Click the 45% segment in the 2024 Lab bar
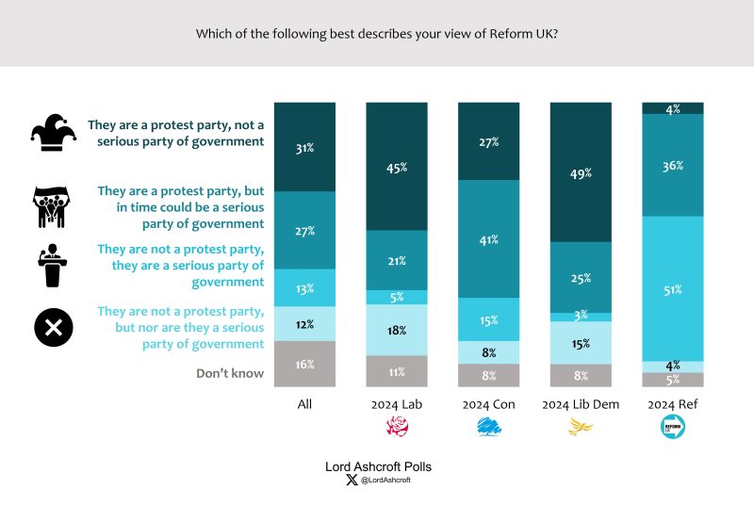[x=397, y=168]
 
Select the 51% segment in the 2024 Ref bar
[x=673, y=288]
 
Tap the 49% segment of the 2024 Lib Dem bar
[x=581, y=172]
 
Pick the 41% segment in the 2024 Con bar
[x=488, y=239]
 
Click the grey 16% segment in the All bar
[x=304, y=364]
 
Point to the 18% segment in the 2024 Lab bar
[x=397, y=330]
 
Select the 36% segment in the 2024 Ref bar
[x=673, y=165]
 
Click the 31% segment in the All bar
[x=304, y=147]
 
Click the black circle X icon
[x=54, y=328]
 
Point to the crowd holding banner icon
[x=53, y=206]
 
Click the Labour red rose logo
[x=397, y=428]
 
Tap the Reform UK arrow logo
[x=673, y=428]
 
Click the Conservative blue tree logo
[x=488, y=428]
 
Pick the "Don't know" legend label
[x=229, y=373]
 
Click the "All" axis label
[x=304, y=404]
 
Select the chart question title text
[x=377, y=33]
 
